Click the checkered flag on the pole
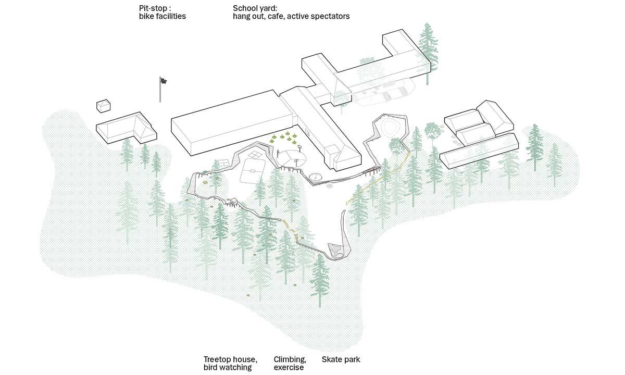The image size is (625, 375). [x=163, y=80]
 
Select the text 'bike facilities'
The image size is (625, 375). [x=159, y=17]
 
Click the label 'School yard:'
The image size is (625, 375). [x=256, y=8]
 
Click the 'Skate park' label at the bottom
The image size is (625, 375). [x=341, y=359]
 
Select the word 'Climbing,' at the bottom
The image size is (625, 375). [x=290, y=359]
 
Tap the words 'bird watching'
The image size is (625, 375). [x=227, y=368]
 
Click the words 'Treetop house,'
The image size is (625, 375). [x=230, y=359]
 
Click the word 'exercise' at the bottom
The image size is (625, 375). [x=289, y=368]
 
